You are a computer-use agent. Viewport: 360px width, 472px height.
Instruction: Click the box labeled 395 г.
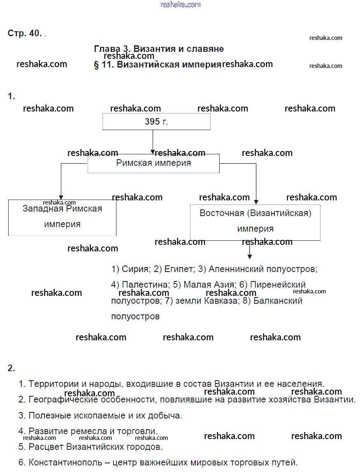coord(156,122)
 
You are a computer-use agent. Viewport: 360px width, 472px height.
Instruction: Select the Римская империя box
coord(153,163)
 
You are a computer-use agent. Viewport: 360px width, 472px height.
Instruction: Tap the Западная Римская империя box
coord(62,217)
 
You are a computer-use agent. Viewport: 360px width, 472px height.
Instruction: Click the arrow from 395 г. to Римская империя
coord(153,142)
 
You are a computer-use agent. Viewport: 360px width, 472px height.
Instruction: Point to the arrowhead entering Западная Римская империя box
coord(61,197)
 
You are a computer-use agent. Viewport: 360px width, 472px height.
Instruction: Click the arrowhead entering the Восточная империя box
coord(256,201)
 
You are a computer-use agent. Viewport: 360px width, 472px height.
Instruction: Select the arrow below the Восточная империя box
coord(249,250)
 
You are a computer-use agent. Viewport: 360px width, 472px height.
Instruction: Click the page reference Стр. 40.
coord(25,34)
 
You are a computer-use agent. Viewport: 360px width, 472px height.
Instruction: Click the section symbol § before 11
coord(97,65)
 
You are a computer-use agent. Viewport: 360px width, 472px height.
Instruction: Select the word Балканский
coord(278,301)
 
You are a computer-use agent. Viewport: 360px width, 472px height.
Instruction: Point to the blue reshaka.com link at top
coord(180,5)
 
